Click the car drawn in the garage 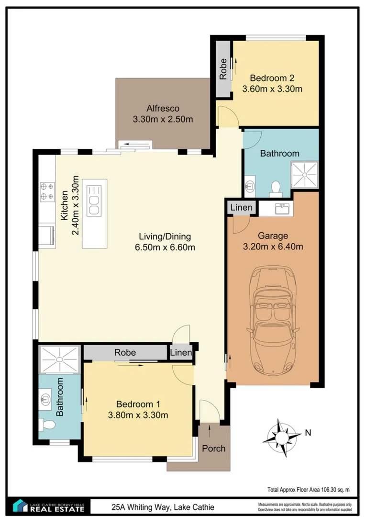273,320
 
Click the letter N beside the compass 308,433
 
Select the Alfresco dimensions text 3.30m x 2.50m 163,119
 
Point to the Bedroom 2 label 272,78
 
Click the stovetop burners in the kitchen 47,191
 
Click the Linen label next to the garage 242,208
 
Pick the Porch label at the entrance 213,448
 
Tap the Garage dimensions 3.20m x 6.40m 273,247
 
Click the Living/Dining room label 165,236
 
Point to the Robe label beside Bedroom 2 223,69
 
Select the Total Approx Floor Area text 309,490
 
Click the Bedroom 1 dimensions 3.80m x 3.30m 138,415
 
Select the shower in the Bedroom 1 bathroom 60,359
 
